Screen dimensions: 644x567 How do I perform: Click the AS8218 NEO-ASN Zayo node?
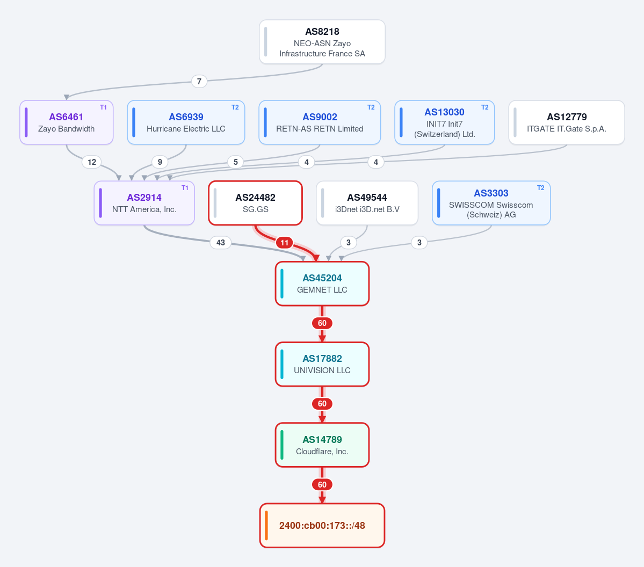322,42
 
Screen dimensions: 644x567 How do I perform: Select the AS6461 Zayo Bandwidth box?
67,122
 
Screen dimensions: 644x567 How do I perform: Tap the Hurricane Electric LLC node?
186,122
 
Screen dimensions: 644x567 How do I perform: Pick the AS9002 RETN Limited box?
320,122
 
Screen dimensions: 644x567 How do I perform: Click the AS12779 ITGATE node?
566,122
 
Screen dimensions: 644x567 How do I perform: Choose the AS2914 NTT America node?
144,203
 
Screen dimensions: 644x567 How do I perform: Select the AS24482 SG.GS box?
256,203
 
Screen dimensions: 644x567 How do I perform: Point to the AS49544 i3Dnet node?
367,203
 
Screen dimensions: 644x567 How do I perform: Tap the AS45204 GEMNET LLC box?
322,283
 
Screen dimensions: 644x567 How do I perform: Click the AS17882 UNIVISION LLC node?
322,364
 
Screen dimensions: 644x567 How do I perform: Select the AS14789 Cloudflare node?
322,445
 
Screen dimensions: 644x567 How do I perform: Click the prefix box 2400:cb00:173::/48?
322,526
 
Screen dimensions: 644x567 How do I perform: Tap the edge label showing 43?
221,243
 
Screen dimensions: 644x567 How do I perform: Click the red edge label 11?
285,243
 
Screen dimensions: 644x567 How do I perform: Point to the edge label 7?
199,81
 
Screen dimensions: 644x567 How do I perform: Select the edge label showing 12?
92,162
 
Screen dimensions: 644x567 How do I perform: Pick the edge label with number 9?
160,162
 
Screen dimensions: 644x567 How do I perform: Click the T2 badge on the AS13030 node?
484,107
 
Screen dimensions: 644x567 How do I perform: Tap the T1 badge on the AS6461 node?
103,107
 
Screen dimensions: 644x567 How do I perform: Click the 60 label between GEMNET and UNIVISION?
322,323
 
